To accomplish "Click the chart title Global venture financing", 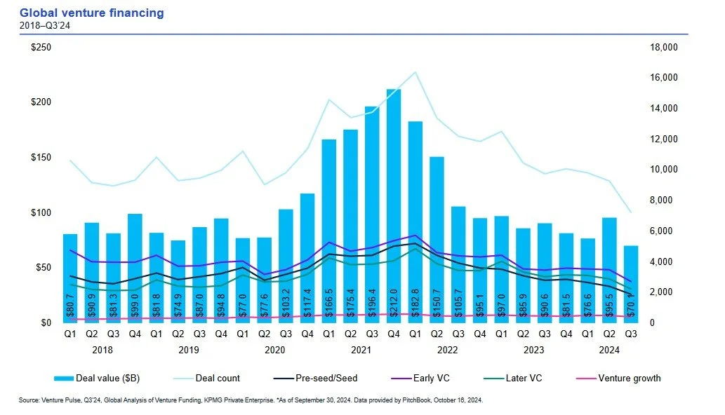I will point(92,13).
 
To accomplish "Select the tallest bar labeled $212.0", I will point(394,203).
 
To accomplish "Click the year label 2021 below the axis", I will point(361,349).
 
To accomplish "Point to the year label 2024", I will point(609,349).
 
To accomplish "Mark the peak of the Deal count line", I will point(415,72).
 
